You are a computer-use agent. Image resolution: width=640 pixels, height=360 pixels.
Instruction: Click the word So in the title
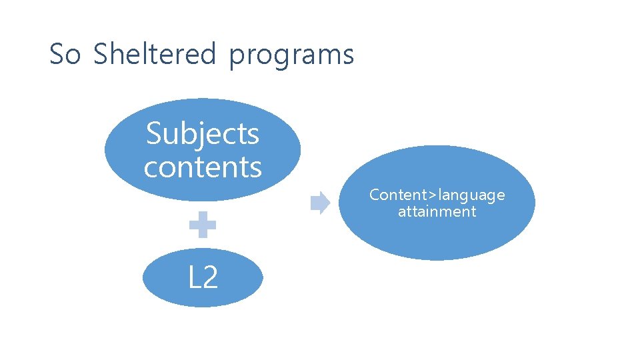click(x=65, y=54)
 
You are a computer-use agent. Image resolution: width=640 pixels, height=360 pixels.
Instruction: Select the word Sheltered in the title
click(x=155, y=54)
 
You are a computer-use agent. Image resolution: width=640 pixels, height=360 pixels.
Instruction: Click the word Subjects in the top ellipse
click(x=203, y=134)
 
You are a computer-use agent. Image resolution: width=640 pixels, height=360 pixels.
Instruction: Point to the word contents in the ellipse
click(x=203, y=167)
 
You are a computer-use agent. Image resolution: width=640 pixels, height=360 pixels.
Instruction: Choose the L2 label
click(x=203, y=277)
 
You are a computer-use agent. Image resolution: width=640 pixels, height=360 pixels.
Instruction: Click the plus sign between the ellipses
click(x=203, y=225)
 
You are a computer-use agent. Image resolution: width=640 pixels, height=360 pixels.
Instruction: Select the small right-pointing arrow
click(x=321, y=203)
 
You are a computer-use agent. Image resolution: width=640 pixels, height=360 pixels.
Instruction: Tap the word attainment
click(x=437, y=212)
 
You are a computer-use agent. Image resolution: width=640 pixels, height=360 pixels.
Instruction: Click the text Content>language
click(x=437, y=195)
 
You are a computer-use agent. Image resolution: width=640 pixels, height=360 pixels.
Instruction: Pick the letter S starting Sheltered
click(x=101, y=54)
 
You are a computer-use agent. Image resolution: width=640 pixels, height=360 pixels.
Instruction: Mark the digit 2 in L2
click(x=210, y=277)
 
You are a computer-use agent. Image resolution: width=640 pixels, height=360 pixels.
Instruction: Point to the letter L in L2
click(x=194, y=277)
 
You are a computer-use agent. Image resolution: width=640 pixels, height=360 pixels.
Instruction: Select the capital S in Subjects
click(x=154, y=133)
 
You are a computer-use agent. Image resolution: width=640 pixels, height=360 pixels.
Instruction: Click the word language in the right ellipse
click(x=471, y=195)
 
